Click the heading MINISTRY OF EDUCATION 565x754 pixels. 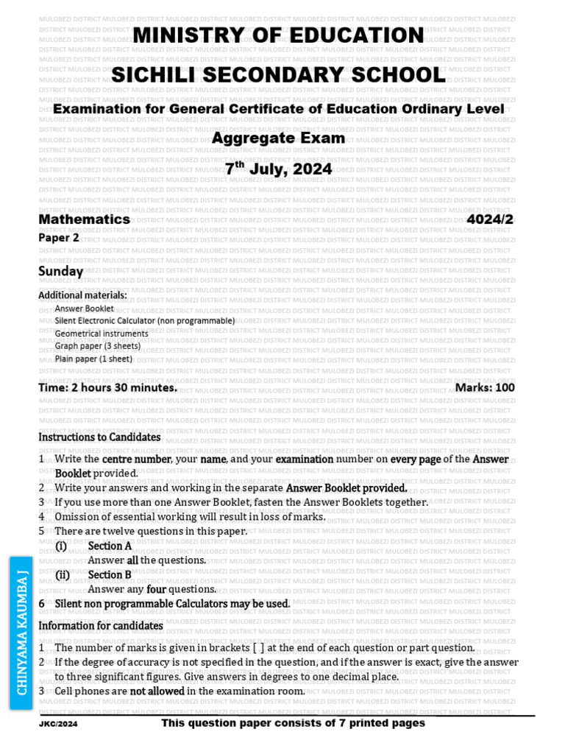pyautogui.click(x=278, y=35)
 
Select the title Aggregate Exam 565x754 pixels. pyautogui.click(x=278, y=138)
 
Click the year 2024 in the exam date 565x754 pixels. pyautogui.click(x=312, y=169)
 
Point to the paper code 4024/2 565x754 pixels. pyautogui.click(x=491, y=219)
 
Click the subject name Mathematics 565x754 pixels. pyautogui.click(x=84, y=219)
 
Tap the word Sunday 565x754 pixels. pyautogui.click(x=60, y=271)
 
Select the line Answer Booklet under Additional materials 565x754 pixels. pyautogui.click(x=84, y=309)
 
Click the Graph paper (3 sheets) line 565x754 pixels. pyautogui.click(x=97, y=346)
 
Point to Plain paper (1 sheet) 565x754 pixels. pyautogui.click(x=93, y=359)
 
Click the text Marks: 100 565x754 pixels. pyautogui.click(x=485, y=387)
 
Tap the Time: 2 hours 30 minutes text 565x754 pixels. pyautogui.click(x=107, y=387)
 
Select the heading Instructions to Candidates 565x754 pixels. pyautogui.click(x=99, y=437)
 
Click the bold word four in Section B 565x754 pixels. pyautogui.click(x=157, y=589)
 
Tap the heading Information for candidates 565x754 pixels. pyautogui.click(x=101, y=626)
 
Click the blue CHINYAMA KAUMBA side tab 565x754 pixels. pyautogui.click(x=22, y=633)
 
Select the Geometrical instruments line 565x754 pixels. pyautogui.click(x=101, y=334)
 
